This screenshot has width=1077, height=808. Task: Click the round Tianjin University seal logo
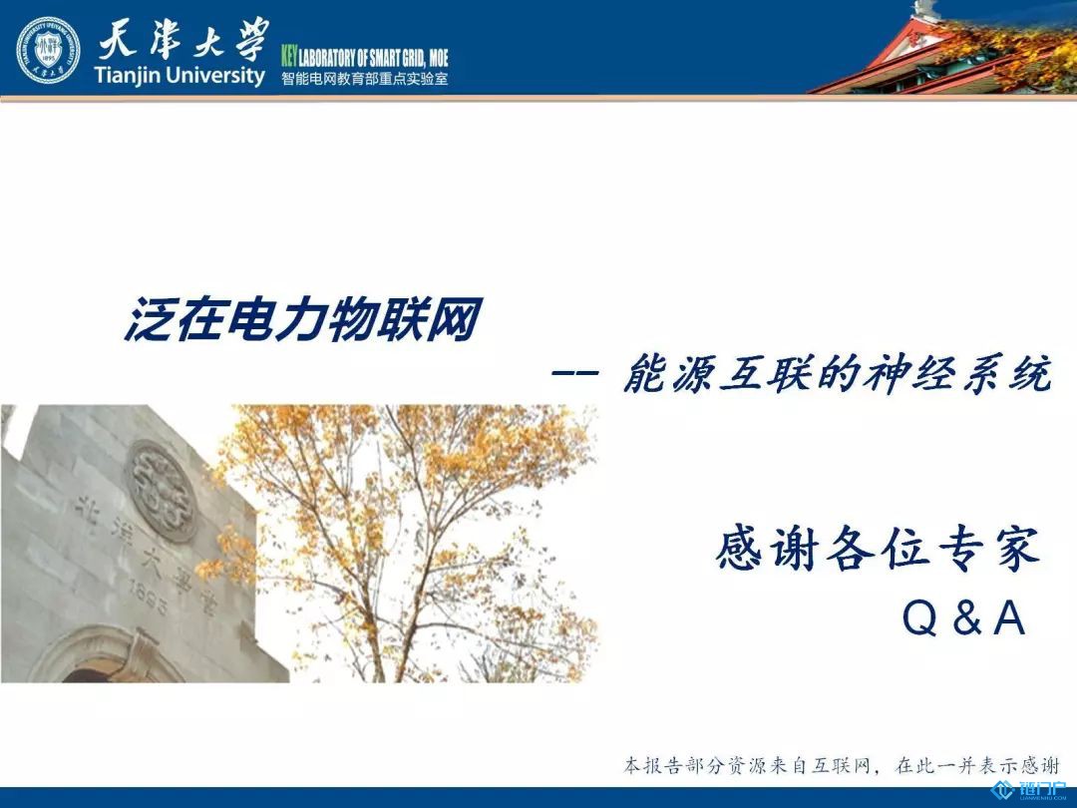click(48, 50)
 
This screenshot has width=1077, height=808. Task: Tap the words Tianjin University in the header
click(179, 75)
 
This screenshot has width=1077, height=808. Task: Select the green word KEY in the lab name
click(289, 57)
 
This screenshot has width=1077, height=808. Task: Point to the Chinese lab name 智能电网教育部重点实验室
click(365, 79)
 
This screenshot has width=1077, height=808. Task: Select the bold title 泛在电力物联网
click(302, 319)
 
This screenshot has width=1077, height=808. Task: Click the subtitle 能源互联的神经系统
click(838, 374)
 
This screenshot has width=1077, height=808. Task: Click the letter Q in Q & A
click(919, 617)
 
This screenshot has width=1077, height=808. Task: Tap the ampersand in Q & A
click(966, 617)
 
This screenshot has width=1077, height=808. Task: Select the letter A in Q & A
click(1009, 617)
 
